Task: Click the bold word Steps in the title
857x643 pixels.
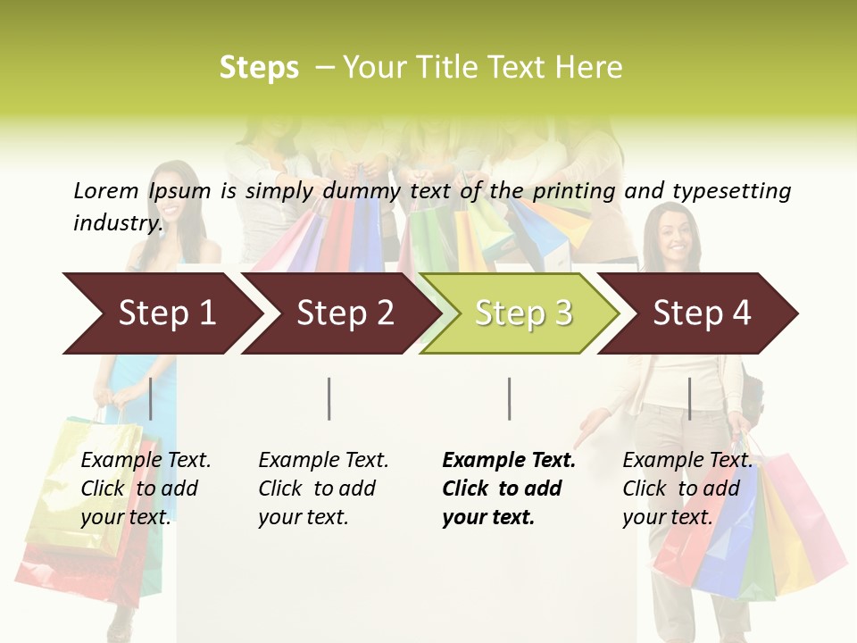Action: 259,68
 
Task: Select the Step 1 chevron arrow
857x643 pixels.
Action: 161,313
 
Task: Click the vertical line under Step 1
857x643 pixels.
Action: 151,398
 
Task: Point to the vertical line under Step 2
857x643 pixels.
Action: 329,398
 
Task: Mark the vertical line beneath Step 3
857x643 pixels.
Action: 509,398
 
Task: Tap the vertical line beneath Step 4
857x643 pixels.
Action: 689,398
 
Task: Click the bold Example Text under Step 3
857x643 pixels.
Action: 509,461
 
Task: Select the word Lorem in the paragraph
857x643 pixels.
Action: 106,190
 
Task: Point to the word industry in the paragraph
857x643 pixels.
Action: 118,222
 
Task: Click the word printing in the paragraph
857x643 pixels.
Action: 574,190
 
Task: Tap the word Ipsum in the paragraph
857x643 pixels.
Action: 179,190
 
